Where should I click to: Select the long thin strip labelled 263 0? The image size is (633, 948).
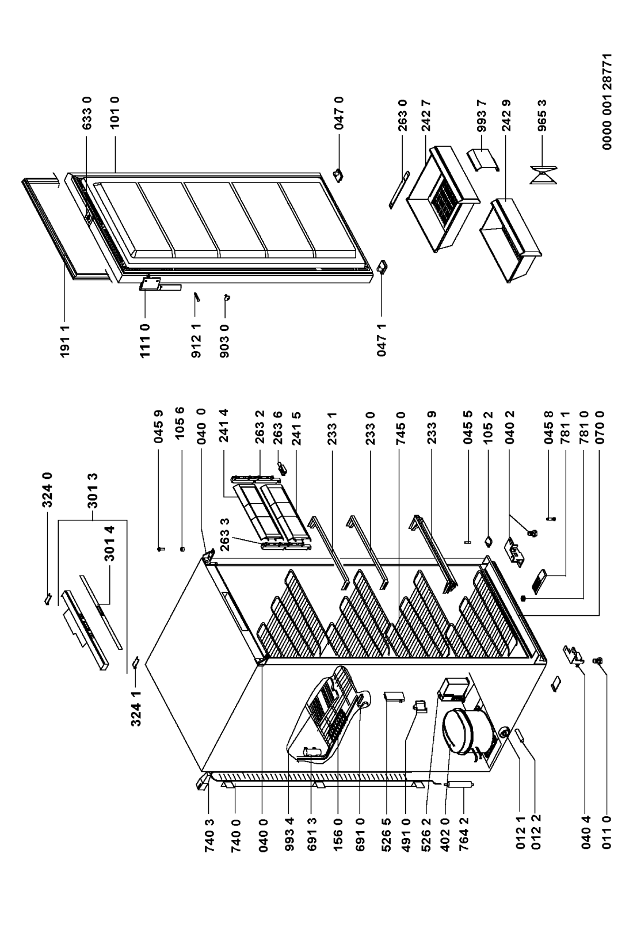398,189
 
